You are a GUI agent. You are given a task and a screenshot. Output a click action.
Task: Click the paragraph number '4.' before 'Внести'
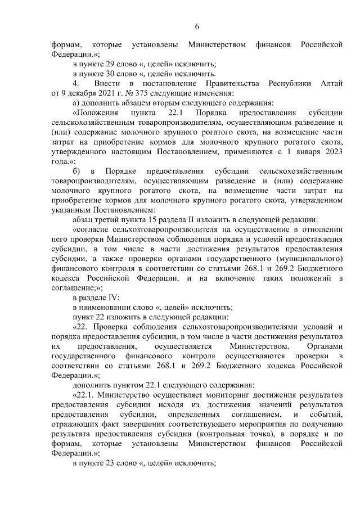(76, 83)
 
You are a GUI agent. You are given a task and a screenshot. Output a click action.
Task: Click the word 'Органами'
(323, 346)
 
